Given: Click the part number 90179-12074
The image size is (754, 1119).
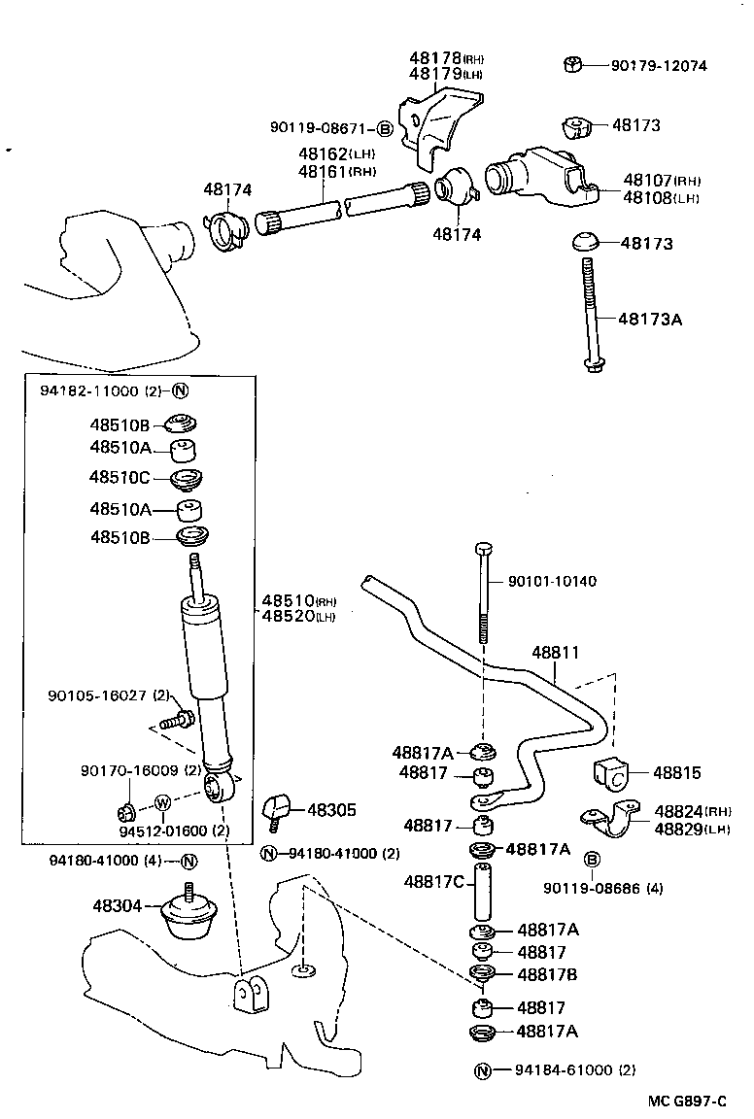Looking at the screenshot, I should (x=659, y=66).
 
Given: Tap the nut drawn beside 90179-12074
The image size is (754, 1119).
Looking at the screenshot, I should (x=572, y=65).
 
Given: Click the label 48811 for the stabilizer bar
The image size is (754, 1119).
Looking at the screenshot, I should (x=556, y=653).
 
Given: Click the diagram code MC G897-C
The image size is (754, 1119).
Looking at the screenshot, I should (x=688, y=1101).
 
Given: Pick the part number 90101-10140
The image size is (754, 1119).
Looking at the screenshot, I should (x=552, y=581).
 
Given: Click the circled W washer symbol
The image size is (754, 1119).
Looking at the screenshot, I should (x=162, y=803).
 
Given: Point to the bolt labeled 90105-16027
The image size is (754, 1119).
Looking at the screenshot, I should (x=179, y=721).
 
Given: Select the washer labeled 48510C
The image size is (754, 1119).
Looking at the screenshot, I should (x=186, y=479).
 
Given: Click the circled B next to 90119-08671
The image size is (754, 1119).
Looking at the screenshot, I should (x=384, y=128).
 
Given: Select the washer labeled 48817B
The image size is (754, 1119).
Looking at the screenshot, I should (x=479, y=974).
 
